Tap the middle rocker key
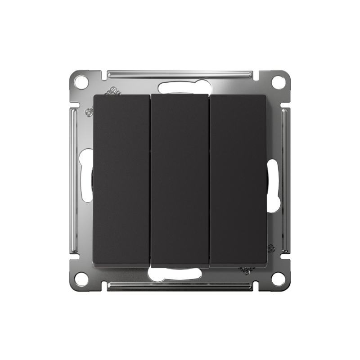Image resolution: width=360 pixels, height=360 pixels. click(180, 180)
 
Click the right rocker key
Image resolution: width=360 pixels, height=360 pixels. click(238, 180)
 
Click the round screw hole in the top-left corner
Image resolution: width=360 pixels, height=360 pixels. click(81, 82)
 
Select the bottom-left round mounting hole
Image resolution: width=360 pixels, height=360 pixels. click(81, 279)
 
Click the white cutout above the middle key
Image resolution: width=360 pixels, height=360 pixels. click(180, 87)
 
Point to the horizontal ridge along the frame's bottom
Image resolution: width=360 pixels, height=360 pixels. click(180, 286)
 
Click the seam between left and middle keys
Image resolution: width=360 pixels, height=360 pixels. click(150, 180)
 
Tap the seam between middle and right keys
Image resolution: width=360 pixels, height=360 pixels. click(209, 180)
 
